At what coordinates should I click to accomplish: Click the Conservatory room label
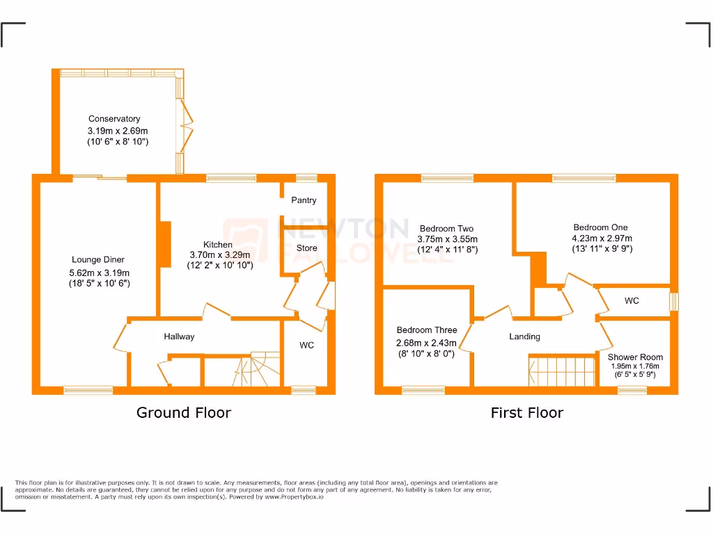point(113,119)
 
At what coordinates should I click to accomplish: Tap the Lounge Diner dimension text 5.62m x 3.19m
point(99,273)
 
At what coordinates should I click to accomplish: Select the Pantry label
point(304,200)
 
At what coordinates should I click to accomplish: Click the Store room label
point(306,248)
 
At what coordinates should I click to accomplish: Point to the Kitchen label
point(217,245)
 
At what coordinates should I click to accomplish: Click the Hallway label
point(179,337)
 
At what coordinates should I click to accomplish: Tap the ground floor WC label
point(306,346)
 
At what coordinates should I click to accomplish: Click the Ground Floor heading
point(183,413)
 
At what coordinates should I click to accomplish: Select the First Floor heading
point(526,413)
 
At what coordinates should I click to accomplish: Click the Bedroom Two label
point(446,229)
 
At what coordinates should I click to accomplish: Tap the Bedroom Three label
point(426,330)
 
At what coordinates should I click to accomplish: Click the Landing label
point(524,337)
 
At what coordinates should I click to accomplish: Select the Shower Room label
point(635,357)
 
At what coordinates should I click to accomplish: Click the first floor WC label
point(632,301)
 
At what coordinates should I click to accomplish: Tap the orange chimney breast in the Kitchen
point(165,244)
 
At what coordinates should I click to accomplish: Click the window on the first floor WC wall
point(673,302)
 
